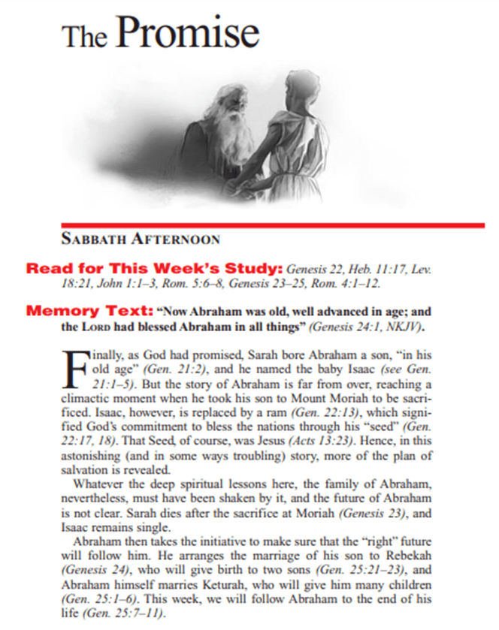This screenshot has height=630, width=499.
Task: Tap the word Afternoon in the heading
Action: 183,240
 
